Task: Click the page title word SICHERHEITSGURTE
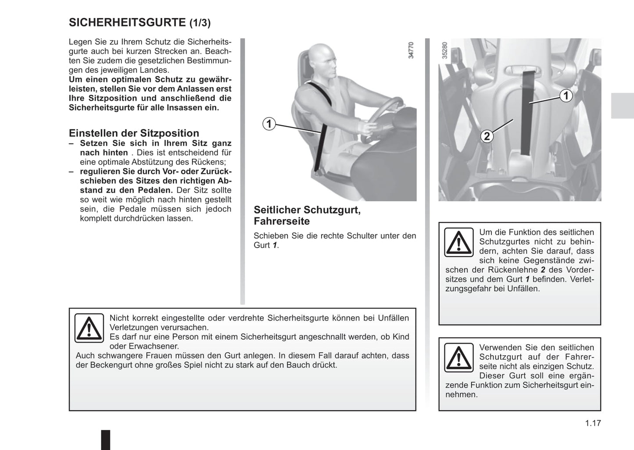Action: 127,22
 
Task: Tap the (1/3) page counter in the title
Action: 200,23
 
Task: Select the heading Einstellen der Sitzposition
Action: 134,133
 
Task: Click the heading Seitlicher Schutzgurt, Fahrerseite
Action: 307,215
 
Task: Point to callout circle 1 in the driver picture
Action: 269,124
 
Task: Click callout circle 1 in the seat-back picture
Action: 566,96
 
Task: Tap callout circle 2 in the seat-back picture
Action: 486,136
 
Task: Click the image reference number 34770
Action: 411,50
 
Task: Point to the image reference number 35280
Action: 444,50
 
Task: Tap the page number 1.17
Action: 593,423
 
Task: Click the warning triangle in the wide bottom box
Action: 89,328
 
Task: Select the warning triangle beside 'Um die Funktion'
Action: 458,242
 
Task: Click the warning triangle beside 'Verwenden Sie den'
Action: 458,357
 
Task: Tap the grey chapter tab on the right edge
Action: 622,106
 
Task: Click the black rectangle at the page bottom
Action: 106,439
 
